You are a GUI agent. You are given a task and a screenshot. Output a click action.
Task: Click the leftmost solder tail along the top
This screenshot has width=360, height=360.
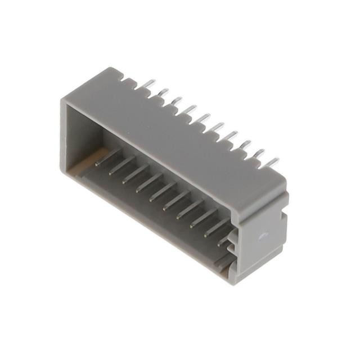pyautogui.click(x=148, y=84)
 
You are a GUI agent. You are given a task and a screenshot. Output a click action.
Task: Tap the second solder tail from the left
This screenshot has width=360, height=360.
pyautogui.click(x=162, y=92)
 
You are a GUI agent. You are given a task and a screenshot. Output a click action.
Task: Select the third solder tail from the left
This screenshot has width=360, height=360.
pyautogui.click(x=176, y=100)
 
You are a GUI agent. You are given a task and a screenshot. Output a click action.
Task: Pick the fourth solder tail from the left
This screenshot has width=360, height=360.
pyautogui.click(x=190, y=108)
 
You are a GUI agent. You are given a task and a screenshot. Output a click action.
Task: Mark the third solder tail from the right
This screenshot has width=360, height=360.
pyautogui.click(x=245, y=145)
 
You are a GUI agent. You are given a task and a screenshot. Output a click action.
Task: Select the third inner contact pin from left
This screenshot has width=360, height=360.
pyautogui.click(x=135, y=174)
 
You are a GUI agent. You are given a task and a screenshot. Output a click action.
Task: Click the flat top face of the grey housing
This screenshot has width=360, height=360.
pyautogui.click(x=186, y=135)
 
